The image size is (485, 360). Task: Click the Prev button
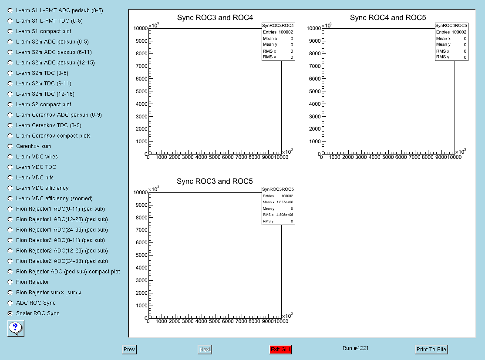[x=129, y=349]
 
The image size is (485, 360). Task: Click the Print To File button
[x=431, y=349]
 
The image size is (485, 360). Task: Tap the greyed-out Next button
[x=205, y=349]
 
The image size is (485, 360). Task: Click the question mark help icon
[x=16, y=329]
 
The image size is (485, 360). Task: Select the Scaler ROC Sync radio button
[x=10, y=313]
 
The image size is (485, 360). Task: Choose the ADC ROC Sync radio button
[x=10, y=303]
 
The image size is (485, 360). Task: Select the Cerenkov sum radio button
[x=10, y=146]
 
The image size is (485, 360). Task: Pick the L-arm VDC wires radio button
[x=10, y=157]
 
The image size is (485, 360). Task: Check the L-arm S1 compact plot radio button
[x=10, y=31]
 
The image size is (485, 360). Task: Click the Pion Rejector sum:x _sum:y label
[x=49, y=292]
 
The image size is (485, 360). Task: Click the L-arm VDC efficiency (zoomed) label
[x=54, y=198]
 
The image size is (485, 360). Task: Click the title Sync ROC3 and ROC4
[x=215, y=17]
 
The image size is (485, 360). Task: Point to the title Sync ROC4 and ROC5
[x=388, y=17]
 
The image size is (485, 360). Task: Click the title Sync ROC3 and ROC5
[x=215, y=181]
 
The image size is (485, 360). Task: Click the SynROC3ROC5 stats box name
[x=278, y=189]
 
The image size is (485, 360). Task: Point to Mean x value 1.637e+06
[x=285, y=202]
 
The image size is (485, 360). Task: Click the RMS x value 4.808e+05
[x=285, y=215]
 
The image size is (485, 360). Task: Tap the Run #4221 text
[x=356, y=348]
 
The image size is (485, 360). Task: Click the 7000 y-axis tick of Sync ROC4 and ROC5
[x=315, y=66]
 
